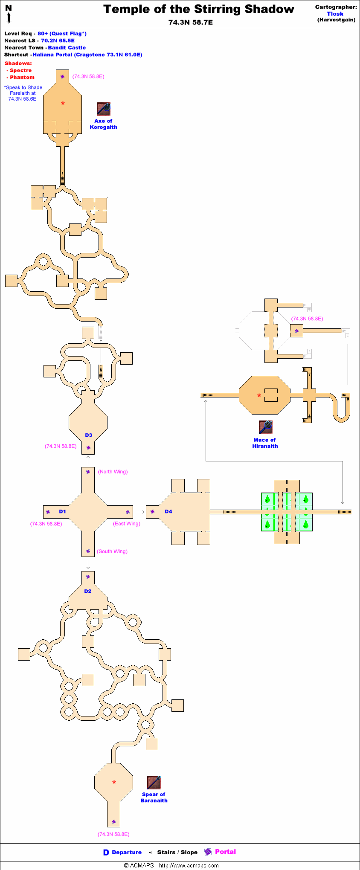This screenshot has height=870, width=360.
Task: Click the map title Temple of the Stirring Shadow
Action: coord(198,9)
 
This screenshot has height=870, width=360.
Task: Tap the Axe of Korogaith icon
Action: coord(104,109)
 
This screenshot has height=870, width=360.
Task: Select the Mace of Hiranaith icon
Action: coord(265,427)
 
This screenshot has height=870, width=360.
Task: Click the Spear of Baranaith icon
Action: coord(154,783)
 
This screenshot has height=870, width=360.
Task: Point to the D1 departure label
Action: coord(63,511)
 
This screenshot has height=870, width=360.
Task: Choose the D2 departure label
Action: coord(88,591)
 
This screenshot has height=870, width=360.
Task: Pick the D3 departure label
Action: coord(88,435)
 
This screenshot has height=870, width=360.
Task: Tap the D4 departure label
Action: coord(168,511)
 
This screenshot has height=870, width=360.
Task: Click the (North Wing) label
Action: coord(113,472)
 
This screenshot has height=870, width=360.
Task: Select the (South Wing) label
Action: coord(112,551)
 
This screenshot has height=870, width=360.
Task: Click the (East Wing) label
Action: coord(127,524)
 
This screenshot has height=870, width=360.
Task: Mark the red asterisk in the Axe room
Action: coord(63,104)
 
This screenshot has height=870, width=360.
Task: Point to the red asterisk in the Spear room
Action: coord(114,783)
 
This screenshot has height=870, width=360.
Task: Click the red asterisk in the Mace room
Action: coord(259,396)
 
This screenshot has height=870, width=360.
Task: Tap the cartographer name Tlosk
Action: coord(335,14)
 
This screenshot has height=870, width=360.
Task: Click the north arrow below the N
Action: coord(9,18)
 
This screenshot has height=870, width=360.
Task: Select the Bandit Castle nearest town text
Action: coord(67,48)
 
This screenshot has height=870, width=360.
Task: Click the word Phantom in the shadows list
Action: coord(22,77)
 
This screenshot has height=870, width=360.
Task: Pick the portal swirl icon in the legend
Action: coord(208,852)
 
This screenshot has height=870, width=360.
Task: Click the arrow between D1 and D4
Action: coord(140,512)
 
